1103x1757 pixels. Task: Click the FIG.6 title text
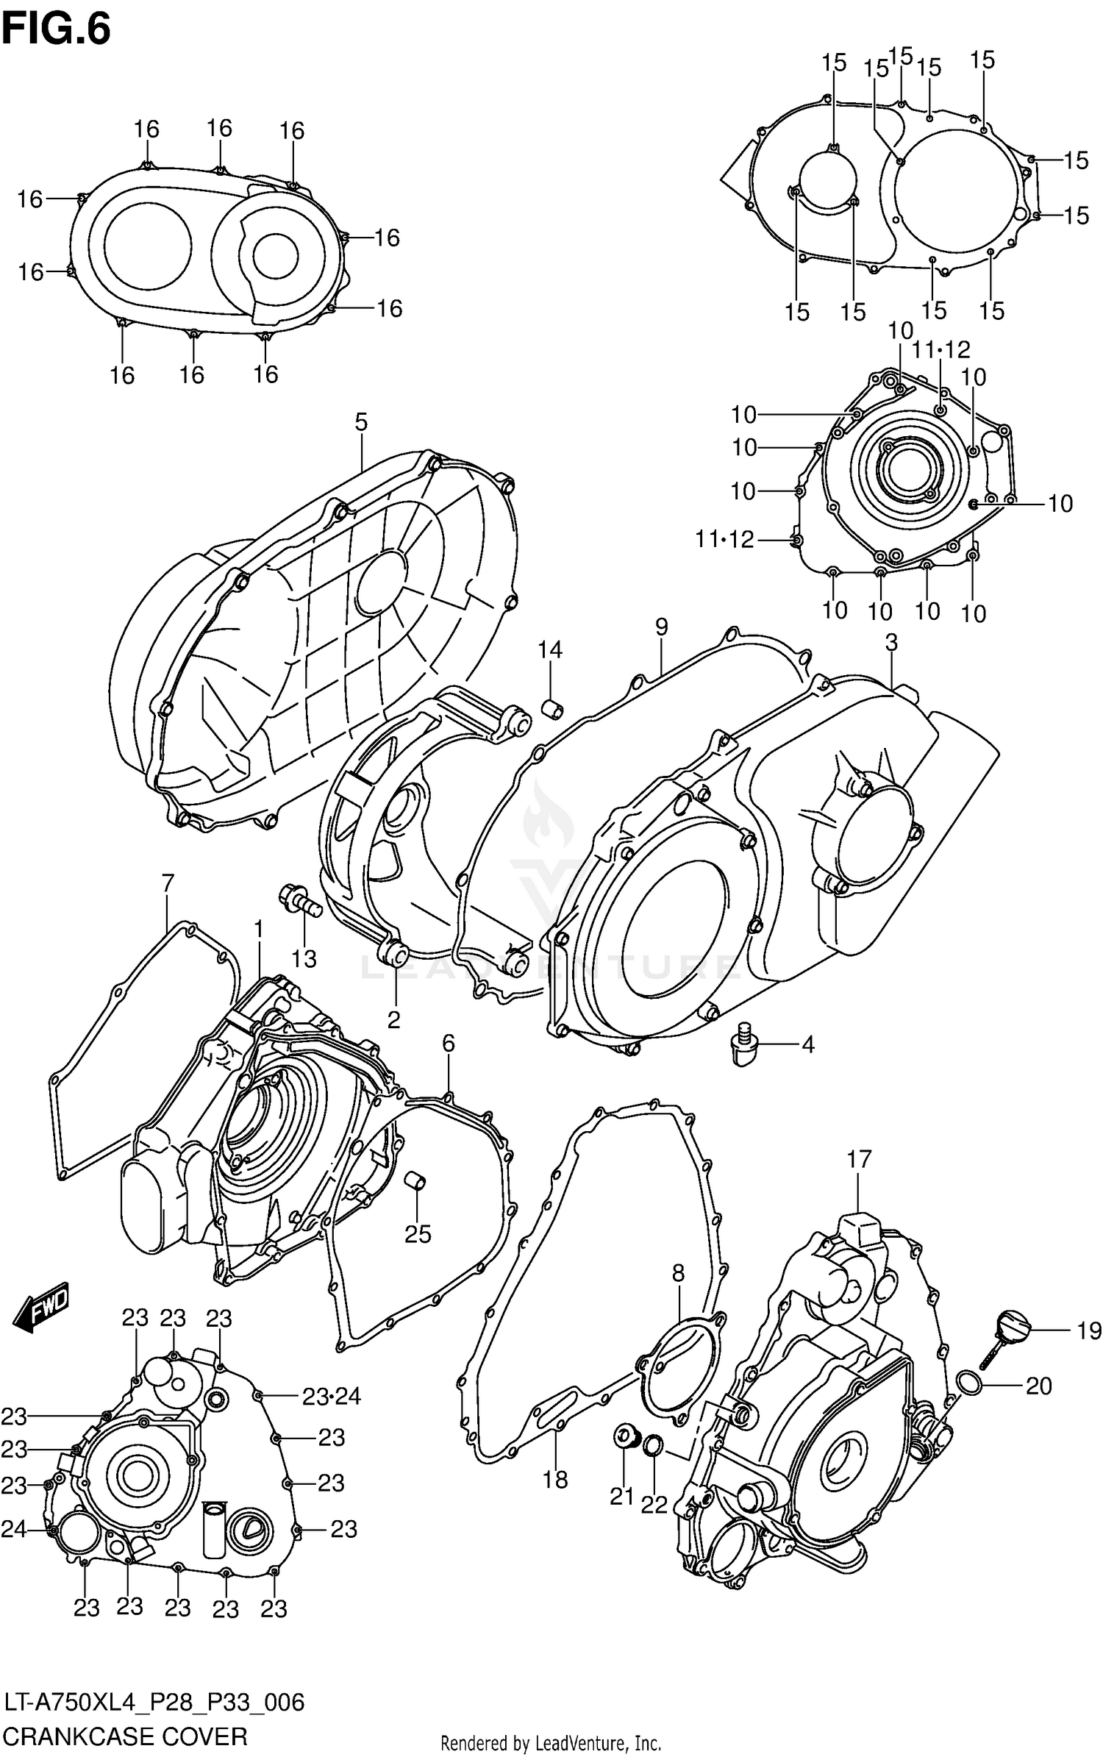tap(57, 29)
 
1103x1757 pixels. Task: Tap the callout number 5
tap(360, 422)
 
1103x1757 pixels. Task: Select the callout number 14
tap(549, 649)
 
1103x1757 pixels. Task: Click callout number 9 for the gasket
tap(661, 627)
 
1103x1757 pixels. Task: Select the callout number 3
tap(891, 642)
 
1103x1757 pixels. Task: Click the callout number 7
tap(168, 883)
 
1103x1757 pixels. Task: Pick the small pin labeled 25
tap(416, 1181)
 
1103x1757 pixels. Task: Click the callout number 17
tap(858, 1160)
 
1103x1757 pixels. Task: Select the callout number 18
tap(555, 1479)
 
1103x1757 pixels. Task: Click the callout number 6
tap(449, 1043)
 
